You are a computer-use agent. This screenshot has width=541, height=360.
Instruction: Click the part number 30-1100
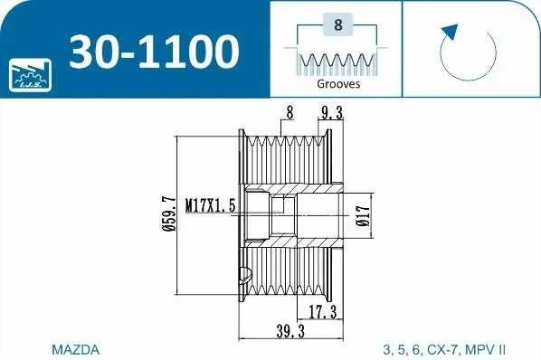coord(154,52)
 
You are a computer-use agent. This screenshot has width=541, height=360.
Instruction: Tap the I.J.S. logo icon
coord(30,75)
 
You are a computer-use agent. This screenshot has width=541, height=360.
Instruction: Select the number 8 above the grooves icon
coord(338,24)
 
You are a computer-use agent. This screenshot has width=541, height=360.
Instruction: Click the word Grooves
coord(338,84)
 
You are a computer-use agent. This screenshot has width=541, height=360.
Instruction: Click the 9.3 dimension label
coord(330,113)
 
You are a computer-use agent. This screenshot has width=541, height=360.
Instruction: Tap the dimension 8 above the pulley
coord(289,112)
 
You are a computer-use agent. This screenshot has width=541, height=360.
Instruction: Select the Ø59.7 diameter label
coord(169,213)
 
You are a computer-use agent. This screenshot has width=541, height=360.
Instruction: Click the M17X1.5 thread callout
coord(211,206)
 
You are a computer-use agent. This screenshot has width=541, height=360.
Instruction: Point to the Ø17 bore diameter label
coord(363,216)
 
